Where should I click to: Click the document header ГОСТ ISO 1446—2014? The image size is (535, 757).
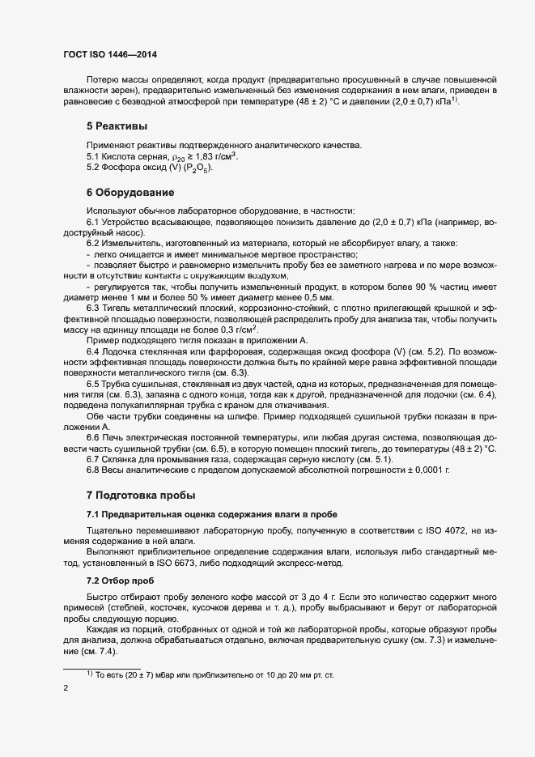(x=109, y=54)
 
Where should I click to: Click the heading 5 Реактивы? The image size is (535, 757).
(x=117, y=126)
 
